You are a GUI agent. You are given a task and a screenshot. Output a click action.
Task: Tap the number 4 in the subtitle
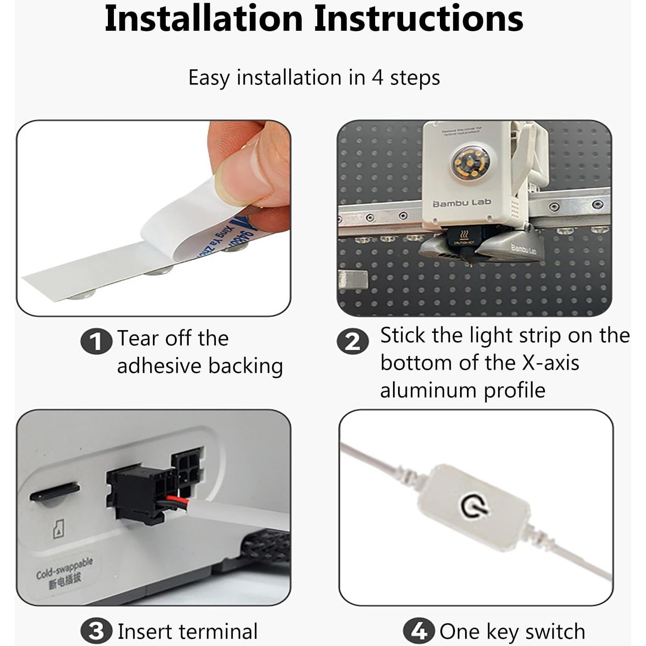(377, 77)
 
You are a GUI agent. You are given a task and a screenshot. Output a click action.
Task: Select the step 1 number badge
(96, 341)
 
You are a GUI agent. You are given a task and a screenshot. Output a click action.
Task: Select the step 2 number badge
(352, 341)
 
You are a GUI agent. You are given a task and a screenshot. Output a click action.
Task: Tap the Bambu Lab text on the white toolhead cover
(461, 202)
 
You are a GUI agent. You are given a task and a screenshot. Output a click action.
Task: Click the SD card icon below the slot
(58, 529)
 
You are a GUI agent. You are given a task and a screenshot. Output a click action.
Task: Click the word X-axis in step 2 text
(551, 363)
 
